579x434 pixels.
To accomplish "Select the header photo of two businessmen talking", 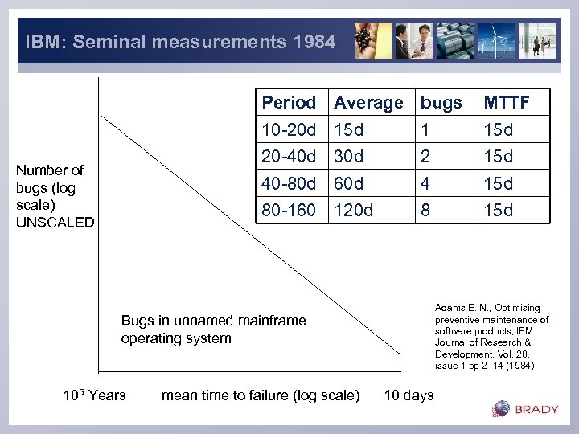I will [x=413, y=40].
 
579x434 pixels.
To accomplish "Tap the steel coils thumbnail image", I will [x=455, y=40].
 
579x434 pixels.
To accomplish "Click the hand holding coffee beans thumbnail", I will [x=373, y=40].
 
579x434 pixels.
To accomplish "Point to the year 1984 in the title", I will [x=315, y=42].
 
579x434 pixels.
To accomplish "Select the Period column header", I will [x=289, y=103].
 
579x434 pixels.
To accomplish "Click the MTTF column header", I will [x=505, y=103].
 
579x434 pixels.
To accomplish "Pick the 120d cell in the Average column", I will [x=353, y=211].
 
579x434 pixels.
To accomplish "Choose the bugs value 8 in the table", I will [x=426, y=211].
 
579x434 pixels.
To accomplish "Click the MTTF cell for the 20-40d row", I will [x=498, y=156].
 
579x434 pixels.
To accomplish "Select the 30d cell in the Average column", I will [x=348, y=156].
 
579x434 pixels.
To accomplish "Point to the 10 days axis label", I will [x=409, y=395].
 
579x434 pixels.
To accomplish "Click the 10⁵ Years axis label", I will [x=94, y=395].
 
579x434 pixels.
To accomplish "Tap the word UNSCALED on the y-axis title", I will [x=55, y=223].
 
